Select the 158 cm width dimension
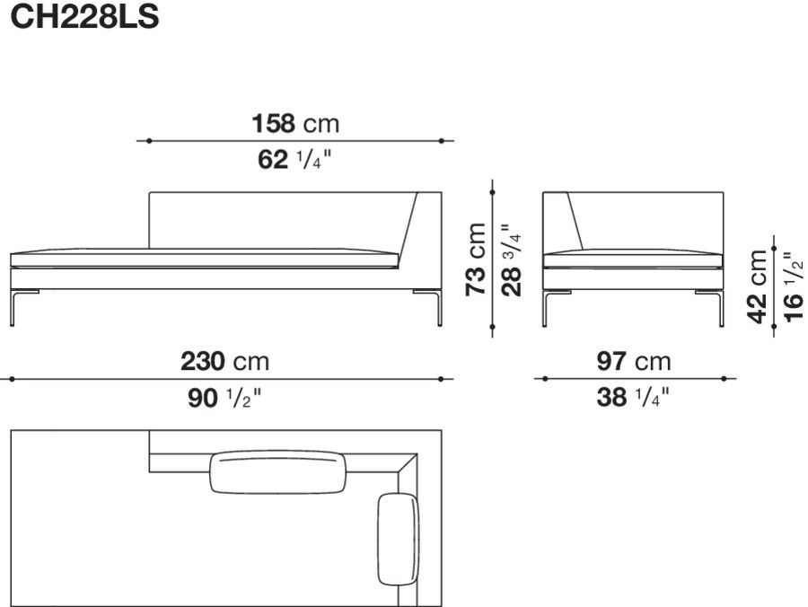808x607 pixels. click(x=295, y=123)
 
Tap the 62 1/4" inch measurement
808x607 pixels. click(x=295, y=161)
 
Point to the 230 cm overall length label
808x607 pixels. click(x=225, y=362)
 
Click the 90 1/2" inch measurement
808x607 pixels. click(x=225, y=398)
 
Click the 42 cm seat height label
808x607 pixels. click(x=759, y=286)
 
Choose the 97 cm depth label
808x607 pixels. click(x=634, y=362)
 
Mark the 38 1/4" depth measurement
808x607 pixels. click(x=634, y=398)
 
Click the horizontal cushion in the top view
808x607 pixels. click(x=278, y=472)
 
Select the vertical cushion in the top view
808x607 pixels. click(x=399, y=538)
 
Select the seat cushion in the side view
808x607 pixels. click(x=633, y=259)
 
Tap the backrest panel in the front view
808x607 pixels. click(x=278, y=220)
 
